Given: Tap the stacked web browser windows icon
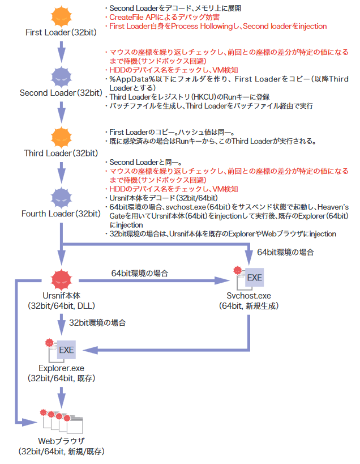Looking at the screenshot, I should point(62,420).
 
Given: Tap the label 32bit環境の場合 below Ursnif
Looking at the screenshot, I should point(97,323).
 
